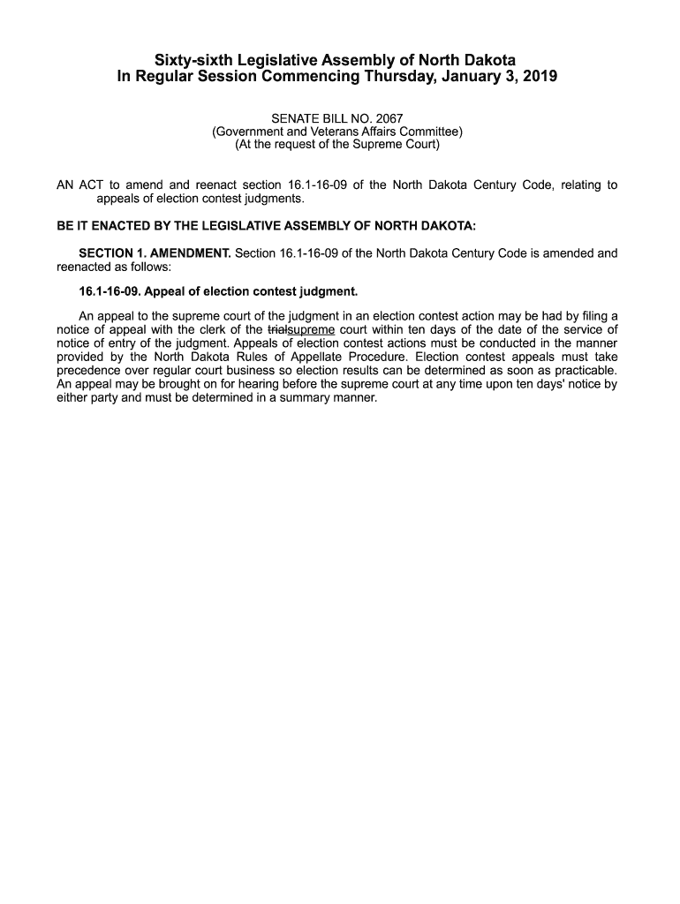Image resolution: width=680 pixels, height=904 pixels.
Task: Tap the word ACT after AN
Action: point(91,185)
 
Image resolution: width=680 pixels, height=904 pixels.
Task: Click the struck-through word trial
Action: point(277,330)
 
